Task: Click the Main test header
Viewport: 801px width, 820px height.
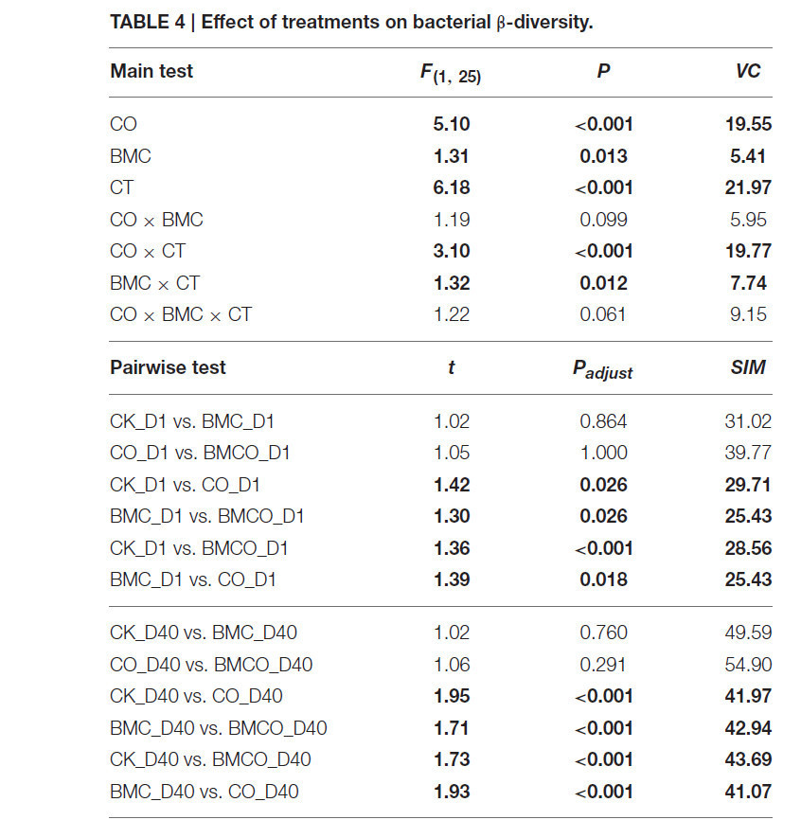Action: (x=151, y=71)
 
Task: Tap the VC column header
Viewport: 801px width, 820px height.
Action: (x=748, y=71)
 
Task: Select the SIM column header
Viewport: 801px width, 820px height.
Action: (x=748, y=367)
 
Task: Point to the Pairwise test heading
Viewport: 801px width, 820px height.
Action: (x=168, y=367)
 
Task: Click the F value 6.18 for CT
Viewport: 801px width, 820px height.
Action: (x=452, y=187)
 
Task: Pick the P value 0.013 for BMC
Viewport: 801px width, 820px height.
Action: (x=603, y=156)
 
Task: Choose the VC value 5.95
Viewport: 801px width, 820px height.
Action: (x=748, y=220)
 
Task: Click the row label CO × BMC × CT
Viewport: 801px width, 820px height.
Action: (x=181, y=314)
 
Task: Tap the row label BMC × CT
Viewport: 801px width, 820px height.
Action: (x=154, y=283)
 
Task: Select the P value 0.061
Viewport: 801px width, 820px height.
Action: (x=603, y=314)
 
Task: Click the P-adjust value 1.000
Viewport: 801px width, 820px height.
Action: (x=604, y=453)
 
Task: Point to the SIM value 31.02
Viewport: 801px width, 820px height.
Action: (x=748, y=421)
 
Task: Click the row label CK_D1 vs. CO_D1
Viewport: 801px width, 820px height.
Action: (x=185, y=486)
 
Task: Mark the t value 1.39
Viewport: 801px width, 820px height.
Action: (x=452, y=579)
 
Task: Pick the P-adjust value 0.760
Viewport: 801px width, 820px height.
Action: (x=603, y=633)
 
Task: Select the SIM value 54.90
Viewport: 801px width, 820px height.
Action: (x=748, y=665)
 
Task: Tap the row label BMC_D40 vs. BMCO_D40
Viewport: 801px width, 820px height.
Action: (x=219, y=728)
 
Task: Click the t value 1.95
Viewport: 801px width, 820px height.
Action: (x=452, y=697)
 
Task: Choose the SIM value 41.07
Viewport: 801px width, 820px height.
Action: (x=748, y=792)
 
